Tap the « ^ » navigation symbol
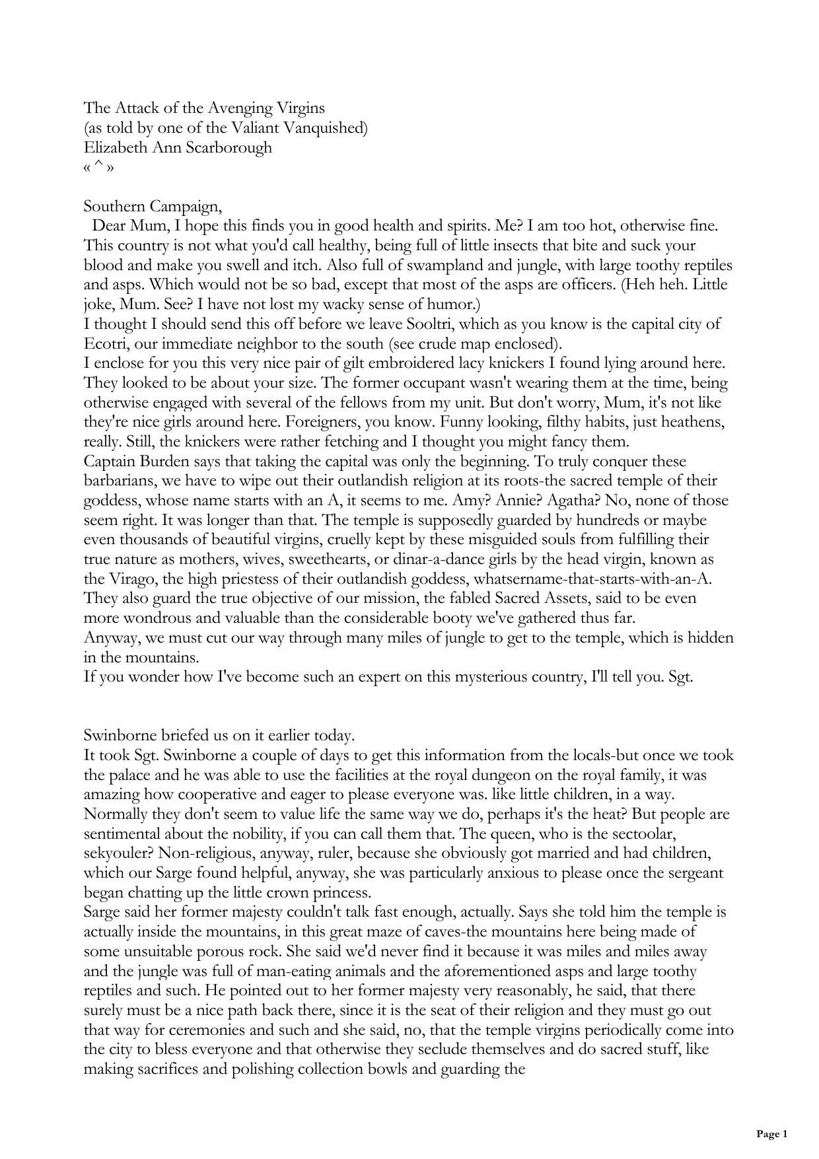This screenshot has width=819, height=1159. click(x=99, y=167)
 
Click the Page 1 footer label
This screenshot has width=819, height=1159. click(x=771, y=1134)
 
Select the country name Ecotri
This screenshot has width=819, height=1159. click(x=104, y=344)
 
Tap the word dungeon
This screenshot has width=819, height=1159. click(x=478, y=775)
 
